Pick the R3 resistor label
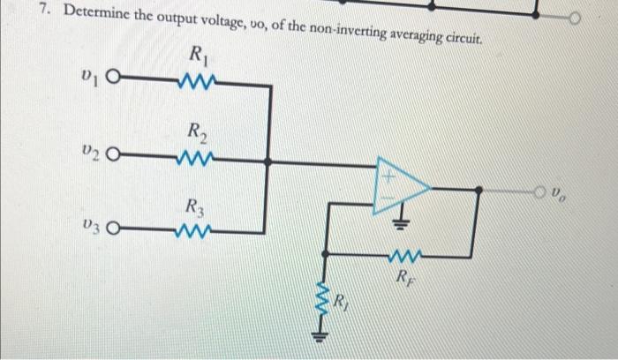pos(197,209)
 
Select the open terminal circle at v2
pos(112,161)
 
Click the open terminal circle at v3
pos(112,234)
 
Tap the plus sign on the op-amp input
pos(385,176)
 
